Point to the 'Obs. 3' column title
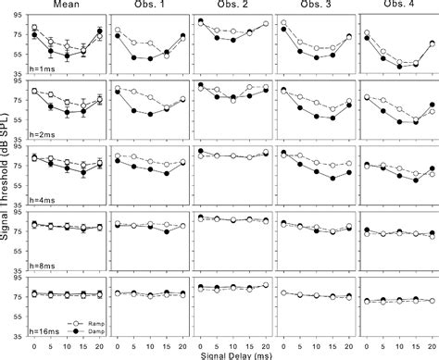314,6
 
